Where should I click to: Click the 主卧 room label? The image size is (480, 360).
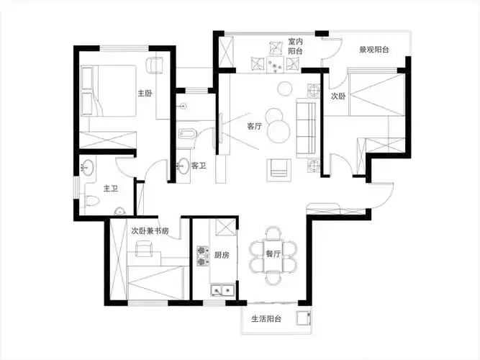(145, 93)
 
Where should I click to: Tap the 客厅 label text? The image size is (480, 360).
(255, 126)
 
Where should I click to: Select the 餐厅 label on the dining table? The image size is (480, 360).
(273, 253)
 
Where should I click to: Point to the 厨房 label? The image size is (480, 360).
(222, 255)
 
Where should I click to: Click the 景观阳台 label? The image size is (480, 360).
(374, 50)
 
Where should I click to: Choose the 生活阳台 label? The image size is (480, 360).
(266, 319)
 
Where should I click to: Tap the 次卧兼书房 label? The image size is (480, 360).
(150, 231)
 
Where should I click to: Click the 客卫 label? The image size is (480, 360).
(199, 166)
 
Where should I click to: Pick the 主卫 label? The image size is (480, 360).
(111, 189)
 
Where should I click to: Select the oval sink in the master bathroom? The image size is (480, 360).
(88, 167)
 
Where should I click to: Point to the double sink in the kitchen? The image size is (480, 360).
(222, 289)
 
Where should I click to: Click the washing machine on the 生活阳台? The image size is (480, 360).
(303, 318)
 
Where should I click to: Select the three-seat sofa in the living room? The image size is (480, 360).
(306, 128)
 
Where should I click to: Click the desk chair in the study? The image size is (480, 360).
(144, 249)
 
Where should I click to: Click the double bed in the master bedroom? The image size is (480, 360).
(109, 91)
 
